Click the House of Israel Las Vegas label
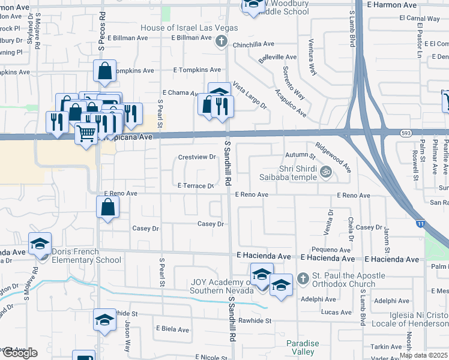[x=189, y=28]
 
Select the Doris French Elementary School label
[x=86, y=256]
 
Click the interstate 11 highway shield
[x=420, y=224]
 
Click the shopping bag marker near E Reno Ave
[x=107, y=208]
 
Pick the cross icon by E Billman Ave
[x=221, y=41]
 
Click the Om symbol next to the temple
[x=326, y=172]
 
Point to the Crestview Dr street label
[x=197, y=157]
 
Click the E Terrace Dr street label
[x=196, y=186]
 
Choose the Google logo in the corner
[x=20, y=353]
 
